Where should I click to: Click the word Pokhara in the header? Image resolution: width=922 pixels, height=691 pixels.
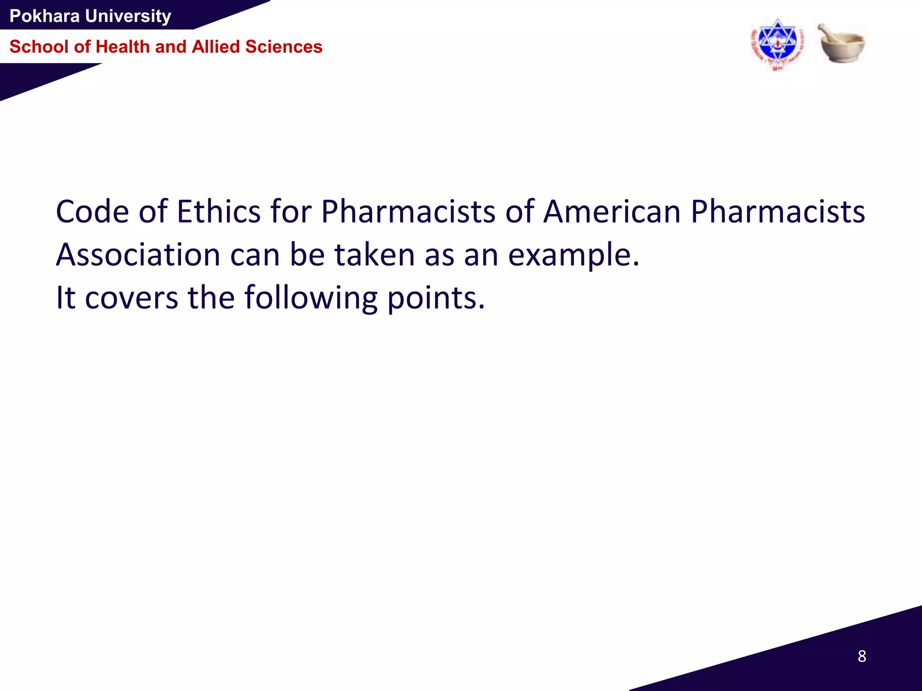(x=44, y=16)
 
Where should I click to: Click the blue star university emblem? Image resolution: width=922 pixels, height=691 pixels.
(x=777, y=44)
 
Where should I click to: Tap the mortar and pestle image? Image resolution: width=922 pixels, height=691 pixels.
(x=841, y=45)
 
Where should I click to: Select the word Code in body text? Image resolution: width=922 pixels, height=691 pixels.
(x=92, y=211)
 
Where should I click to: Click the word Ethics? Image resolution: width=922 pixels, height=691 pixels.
(x=218, y=211)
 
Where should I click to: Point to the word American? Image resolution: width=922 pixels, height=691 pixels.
(x=611, y=211)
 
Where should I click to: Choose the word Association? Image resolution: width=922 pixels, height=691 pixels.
(x=138, y=255)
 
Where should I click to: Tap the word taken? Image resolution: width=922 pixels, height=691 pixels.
(x=374, y=255)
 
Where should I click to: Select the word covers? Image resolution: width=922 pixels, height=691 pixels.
(x=131, y=298)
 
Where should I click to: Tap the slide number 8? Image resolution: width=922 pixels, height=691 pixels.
(x=862, y=656)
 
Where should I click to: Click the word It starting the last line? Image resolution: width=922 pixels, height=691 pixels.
(x=65, y=298)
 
